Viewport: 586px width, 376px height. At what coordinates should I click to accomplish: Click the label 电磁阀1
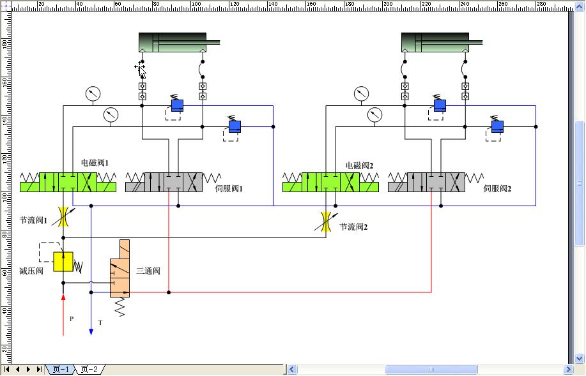95,163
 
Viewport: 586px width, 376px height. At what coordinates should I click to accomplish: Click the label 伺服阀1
229,189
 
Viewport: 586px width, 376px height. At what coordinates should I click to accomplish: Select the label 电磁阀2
359,165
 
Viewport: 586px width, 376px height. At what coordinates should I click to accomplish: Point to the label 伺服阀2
498,189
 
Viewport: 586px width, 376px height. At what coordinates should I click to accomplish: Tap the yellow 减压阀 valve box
63,262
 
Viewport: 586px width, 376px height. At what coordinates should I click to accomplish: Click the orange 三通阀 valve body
120,269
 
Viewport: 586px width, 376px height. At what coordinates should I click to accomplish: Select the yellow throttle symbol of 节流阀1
63,216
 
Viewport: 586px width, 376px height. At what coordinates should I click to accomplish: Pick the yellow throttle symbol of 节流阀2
327,222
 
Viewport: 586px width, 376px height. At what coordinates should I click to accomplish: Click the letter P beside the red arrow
72,318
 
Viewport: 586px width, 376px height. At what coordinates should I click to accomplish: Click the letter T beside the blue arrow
100,323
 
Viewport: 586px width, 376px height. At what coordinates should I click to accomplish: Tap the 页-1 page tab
61,369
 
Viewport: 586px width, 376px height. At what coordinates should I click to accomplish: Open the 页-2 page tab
89,369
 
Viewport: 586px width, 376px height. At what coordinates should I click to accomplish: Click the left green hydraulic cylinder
173,43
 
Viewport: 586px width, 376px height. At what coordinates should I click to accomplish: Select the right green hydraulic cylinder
435,43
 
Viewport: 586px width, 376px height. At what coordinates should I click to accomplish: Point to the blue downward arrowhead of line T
91,331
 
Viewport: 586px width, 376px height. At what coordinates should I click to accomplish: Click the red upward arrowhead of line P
63,296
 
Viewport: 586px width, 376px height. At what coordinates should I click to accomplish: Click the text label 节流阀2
353,227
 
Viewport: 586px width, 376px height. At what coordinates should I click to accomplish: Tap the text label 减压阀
31,271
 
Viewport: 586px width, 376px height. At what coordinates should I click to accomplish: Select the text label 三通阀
148,271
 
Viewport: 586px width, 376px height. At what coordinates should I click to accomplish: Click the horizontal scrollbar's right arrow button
568,369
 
